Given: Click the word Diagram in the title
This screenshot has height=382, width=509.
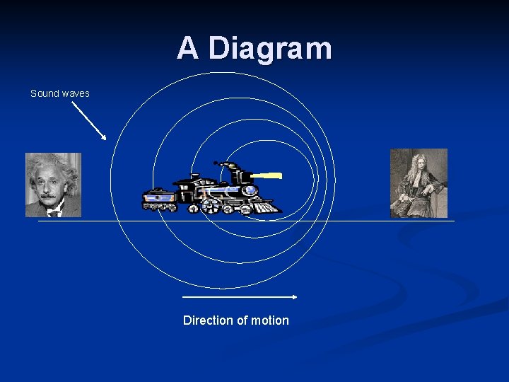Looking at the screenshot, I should pos(271,48).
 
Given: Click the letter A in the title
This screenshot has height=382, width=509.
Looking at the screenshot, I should pos(187,48).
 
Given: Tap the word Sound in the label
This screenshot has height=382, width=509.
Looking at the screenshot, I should pos(45,93).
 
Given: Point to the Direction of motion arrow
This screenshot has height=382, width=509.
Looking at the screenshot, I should pos(240,297).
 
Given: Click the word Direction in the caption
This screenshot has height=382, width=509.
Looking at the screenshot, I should pos(206,320).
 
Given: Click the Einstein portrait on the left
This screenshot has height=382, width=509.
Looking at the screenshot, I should pos(54,185).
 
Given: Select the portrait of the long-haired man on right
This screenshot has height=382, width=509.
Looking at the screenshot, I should pos(419,183).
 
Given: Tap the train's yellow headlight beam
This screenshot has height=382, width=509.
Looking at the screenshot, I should pos(267,175).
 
